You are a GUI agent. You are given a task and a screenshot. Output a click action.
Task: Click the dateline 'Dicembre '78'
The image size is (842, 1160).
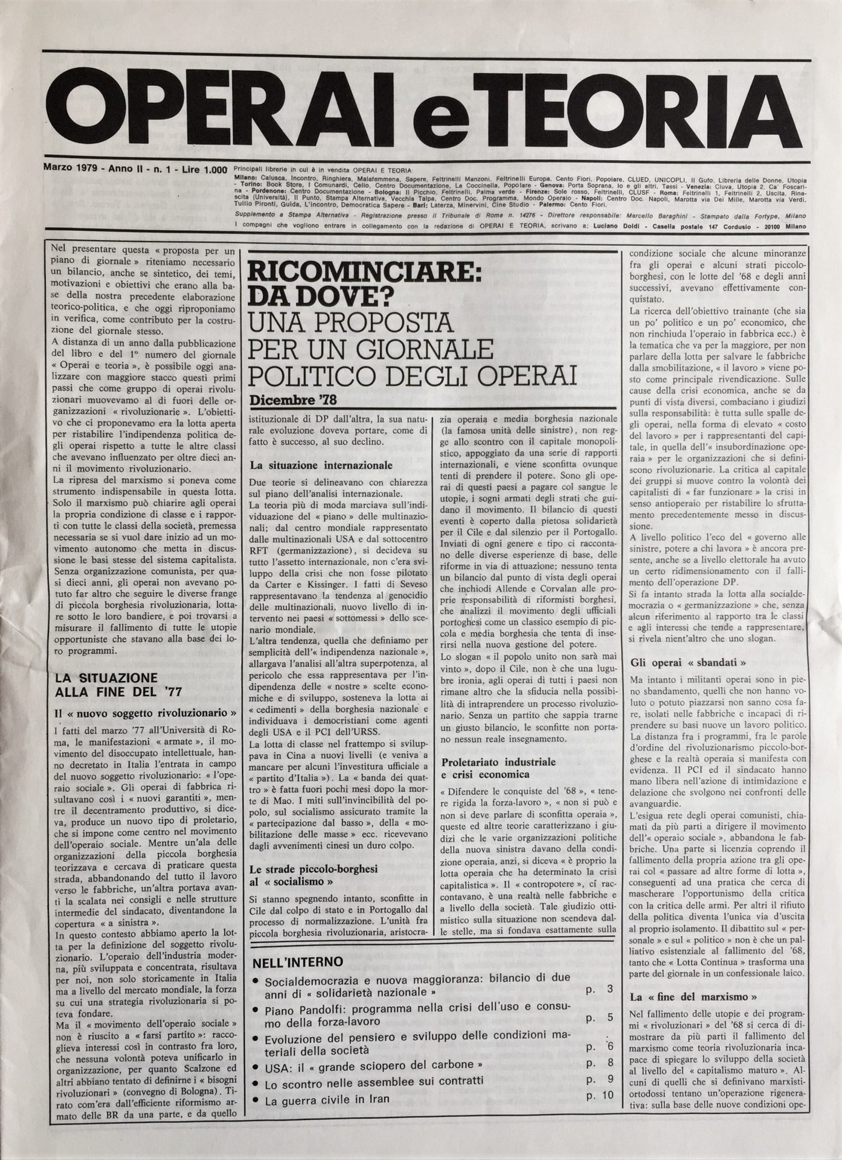(292, 400)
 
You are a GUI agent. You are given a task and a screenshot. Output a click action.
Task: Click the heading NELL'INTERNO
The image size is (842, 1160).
(298, 961)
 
